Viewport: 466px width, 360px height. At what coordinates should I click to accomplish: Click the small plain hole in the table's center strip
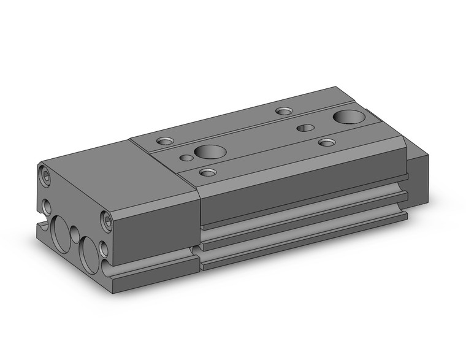(x=305, y=128)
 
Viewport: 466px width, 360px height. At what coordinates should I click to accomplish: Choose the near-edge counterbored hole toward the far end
(x=326, y=142)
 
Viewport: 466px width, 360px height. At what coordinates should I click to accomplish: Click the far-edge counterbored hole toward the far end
(x=283, y=111)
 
